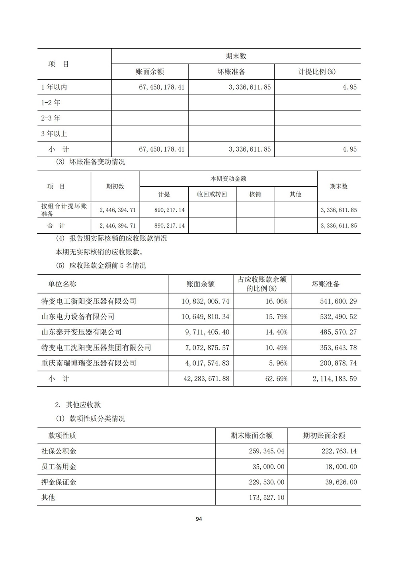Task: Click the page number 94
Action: (199, 519)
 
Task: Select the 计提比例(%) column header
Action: (317, 72)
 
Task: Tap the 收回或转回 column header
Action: (212, 194)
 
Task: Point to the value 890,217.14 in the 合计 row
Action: (169, 226)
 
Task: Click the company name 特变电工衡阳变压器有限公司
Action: (89, 301)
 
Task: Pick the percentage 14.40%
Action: (276, 332)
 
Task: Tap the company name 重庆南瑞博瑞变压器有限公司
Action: (89, 364)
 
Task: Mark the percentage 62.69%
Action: (276, 379)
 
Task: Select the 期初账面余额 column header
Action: (324, 436)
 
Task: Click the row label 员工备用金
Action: (59, 467)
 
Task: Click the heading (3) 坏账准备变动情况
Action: (91, 162)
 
